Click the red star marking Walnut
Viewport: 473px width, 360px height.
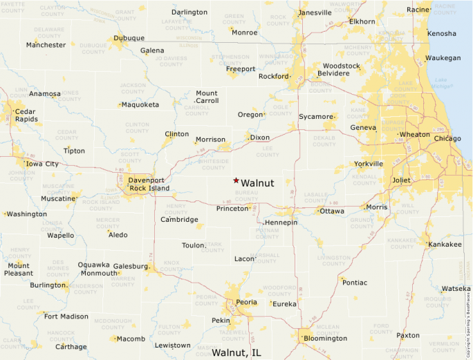coord(236,180)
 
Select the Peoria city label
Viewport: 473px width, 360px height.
coord(246,303)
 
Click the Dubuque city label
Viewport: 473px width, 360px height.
coord(129,38)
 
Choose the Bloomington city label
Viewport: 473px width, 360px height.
coord(325,339)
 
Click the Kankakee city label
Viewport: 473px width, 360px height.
coord(445,245)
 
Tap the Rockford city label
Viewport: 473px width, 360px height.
coord(273,76)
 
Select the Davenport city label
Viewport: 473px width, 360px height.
coord(146,180)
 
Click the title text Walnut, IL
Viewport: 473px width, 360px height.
coord(236,352)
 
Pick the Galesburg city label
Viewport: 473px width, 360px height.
coord(130,266)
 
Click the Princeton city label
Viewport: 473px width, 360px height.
coord(232,208)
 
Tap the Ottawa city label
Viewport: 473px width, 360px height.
coord(332,211)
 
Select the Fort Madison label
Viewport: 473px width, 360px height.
coord(66,316)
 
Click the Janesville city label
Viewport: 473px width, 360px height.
coord(315,12)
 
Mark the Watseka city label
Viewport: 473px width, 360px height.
coord(456,288)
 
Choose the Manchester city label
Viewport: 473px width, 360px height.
coord(46,45)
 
